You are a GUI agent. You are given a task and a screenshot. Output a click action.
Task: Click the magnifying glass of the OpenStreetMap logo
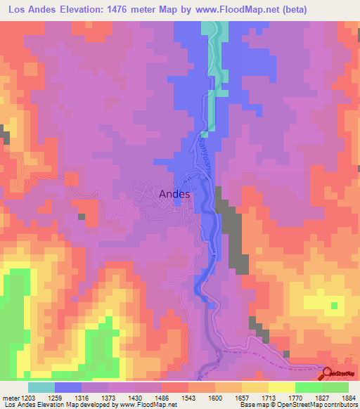click(328, 373)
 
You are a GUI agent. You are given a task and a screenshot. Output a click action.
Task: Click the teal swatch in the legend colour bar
click(41, 387)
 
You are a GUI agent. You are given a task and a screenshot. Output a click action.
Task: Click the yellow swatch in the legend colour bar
click(281, 387)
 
